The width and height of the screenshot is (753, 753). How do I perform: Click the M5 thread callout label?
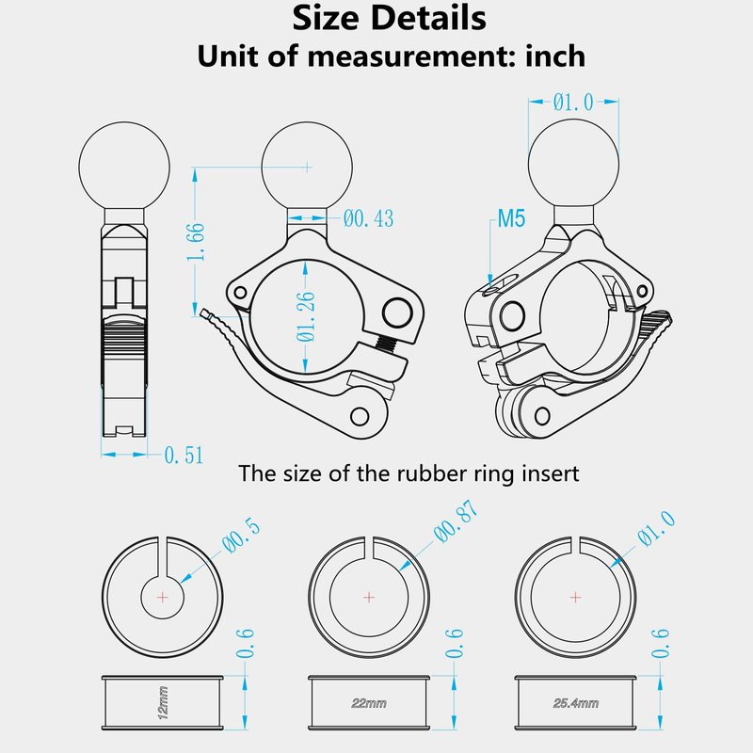[511, 218]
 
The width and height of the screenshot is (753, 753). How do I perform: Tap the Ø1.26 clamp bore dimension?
[305, 316]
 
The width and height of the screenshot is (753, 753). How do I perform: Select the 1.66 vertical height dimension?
[196, 242]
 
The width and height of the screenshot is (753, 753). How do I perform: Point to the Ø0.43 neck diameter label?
[368, 218]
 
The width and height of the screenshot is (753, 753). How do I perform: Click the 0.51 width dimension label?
[184, 455]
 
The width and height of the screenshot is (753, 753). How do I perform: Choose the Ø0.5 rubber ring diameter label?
[242, 536]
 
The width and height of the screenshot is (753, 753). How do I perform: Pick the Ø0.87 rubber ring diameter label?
[456, 521]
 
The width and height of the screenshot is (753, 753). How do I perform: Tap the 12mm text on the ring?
[163, 702]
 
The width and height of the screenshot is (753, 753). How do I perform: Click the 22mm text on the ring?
[369, 703]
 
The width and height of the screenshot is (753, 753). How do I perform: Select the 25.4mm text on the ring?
[576, 703]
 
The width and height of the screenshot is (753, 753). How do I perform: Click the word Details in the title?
[428, 18]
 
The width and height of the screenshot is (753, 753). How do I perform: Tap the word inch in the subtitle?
[555, 56]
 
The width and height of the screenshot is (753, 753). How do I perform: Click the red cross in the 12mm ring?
[163, 598]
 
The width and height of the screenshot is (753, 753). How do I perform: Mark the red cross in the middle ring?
[369, 598]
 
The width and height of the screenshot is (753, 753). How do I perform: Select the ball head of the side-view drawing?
[124, 167]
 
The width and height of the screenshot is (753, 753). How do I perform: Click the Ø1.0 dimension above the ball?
[573, 102]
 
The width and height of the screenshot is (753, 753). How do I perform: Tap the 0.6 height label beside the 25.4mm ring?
[661, 644]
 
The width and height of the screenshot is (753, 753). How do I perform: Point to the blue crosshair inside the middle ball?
[308, 168]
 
